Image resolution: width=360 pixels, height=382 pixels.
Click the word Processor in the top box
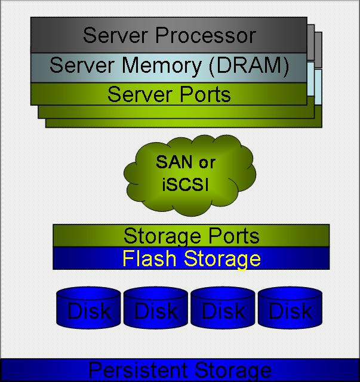pyautogui.click(x=205, y=35)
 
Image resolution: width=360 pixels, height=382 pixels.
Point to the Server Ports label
pyautogui.click(x=169, y=94)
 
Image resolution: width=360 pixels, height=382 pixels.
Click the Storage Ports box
pyautogui.click(x=191, y=235)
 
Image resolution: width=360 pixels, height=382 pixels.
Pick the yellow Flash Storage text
pyautogui.click(x=191, y=258)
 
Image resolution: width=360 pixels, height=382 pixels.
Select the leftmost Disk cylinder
pyautogui.click(x=89, y=310)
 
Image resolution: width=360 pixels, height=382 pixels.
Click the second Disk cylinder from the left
pyautogui.click(x=156, y=310)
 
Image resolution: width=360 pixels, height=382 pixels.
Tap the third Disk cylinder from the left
pyautogui.click(x=223, y=310)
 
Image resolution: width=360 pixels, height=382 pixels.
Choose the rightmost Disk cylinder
pyautogui.click(x=290, y=310)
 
